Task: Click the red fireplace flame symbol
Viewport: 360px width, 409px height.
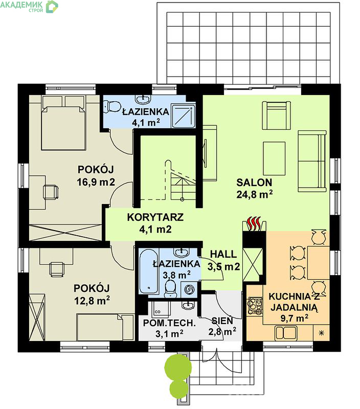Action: pyautogui.click(x=254, y=223)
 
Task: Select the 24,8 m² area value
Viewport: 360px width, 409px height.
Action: pyautogui.click(x=254, y=194)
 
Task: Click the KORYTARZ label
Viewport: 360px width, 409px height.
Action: pyautogui.click(x=155, y=217)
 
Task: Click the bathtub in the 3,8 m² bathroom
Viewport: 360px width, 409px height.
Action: pyautogui.click(x=148, y=271)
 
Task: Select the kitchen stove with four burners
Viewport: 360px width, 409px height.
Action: pyautogui.click(x=255, y=305)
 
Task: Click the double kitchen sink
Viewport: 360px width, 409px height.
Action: pyautogui.click(x=286, y=333)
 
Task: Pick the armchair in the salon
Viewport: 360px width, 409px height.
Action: pyautogui.click(x=276, y=115)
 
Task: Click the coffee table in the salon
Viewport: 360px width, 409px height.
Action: pyautogui.click(x=274, y=158)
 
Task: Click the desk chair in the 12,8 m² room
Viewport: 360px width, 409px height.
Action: pyautogui.click(x=57, y=269)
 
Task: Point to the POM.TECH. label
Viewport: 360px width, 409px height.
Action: pyautogui.click(x=169, y=323)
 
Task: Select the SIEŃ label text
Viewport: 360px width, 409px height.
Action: pyautogui.click(x=222, y=321)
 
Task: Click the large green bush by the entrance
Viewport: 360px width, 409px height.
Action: pyautogui.click(x=178, y=367)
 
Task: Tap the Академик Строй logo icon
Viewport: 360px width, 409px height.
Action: pyautogui.click(x=52, y=7)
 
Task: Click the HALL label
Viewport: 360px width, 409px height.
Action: pyautogui.click(x=223, y=254)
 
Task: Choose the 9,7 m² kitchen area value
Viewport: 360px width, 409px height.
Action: pyautogui.click(x=294, y=318)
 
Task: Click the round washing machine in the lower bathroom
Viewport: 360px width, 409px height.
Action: pyautogui.click(x=190, y=289)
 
